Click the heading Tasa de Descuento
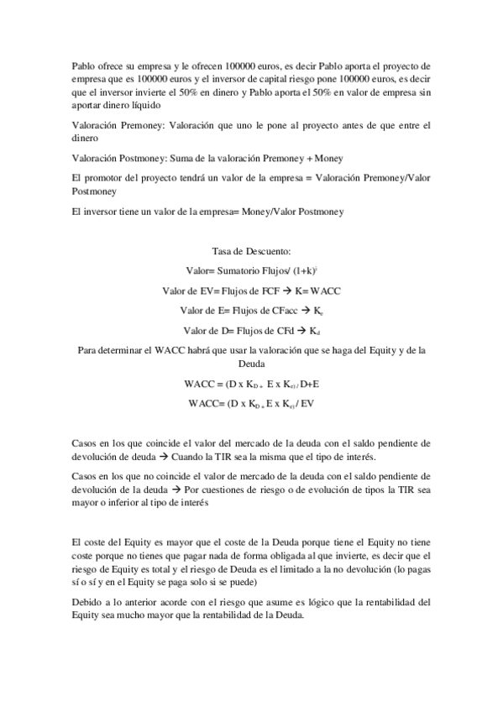[x=251, y=251]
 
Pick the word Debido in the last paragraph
[x=88, y=601]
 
